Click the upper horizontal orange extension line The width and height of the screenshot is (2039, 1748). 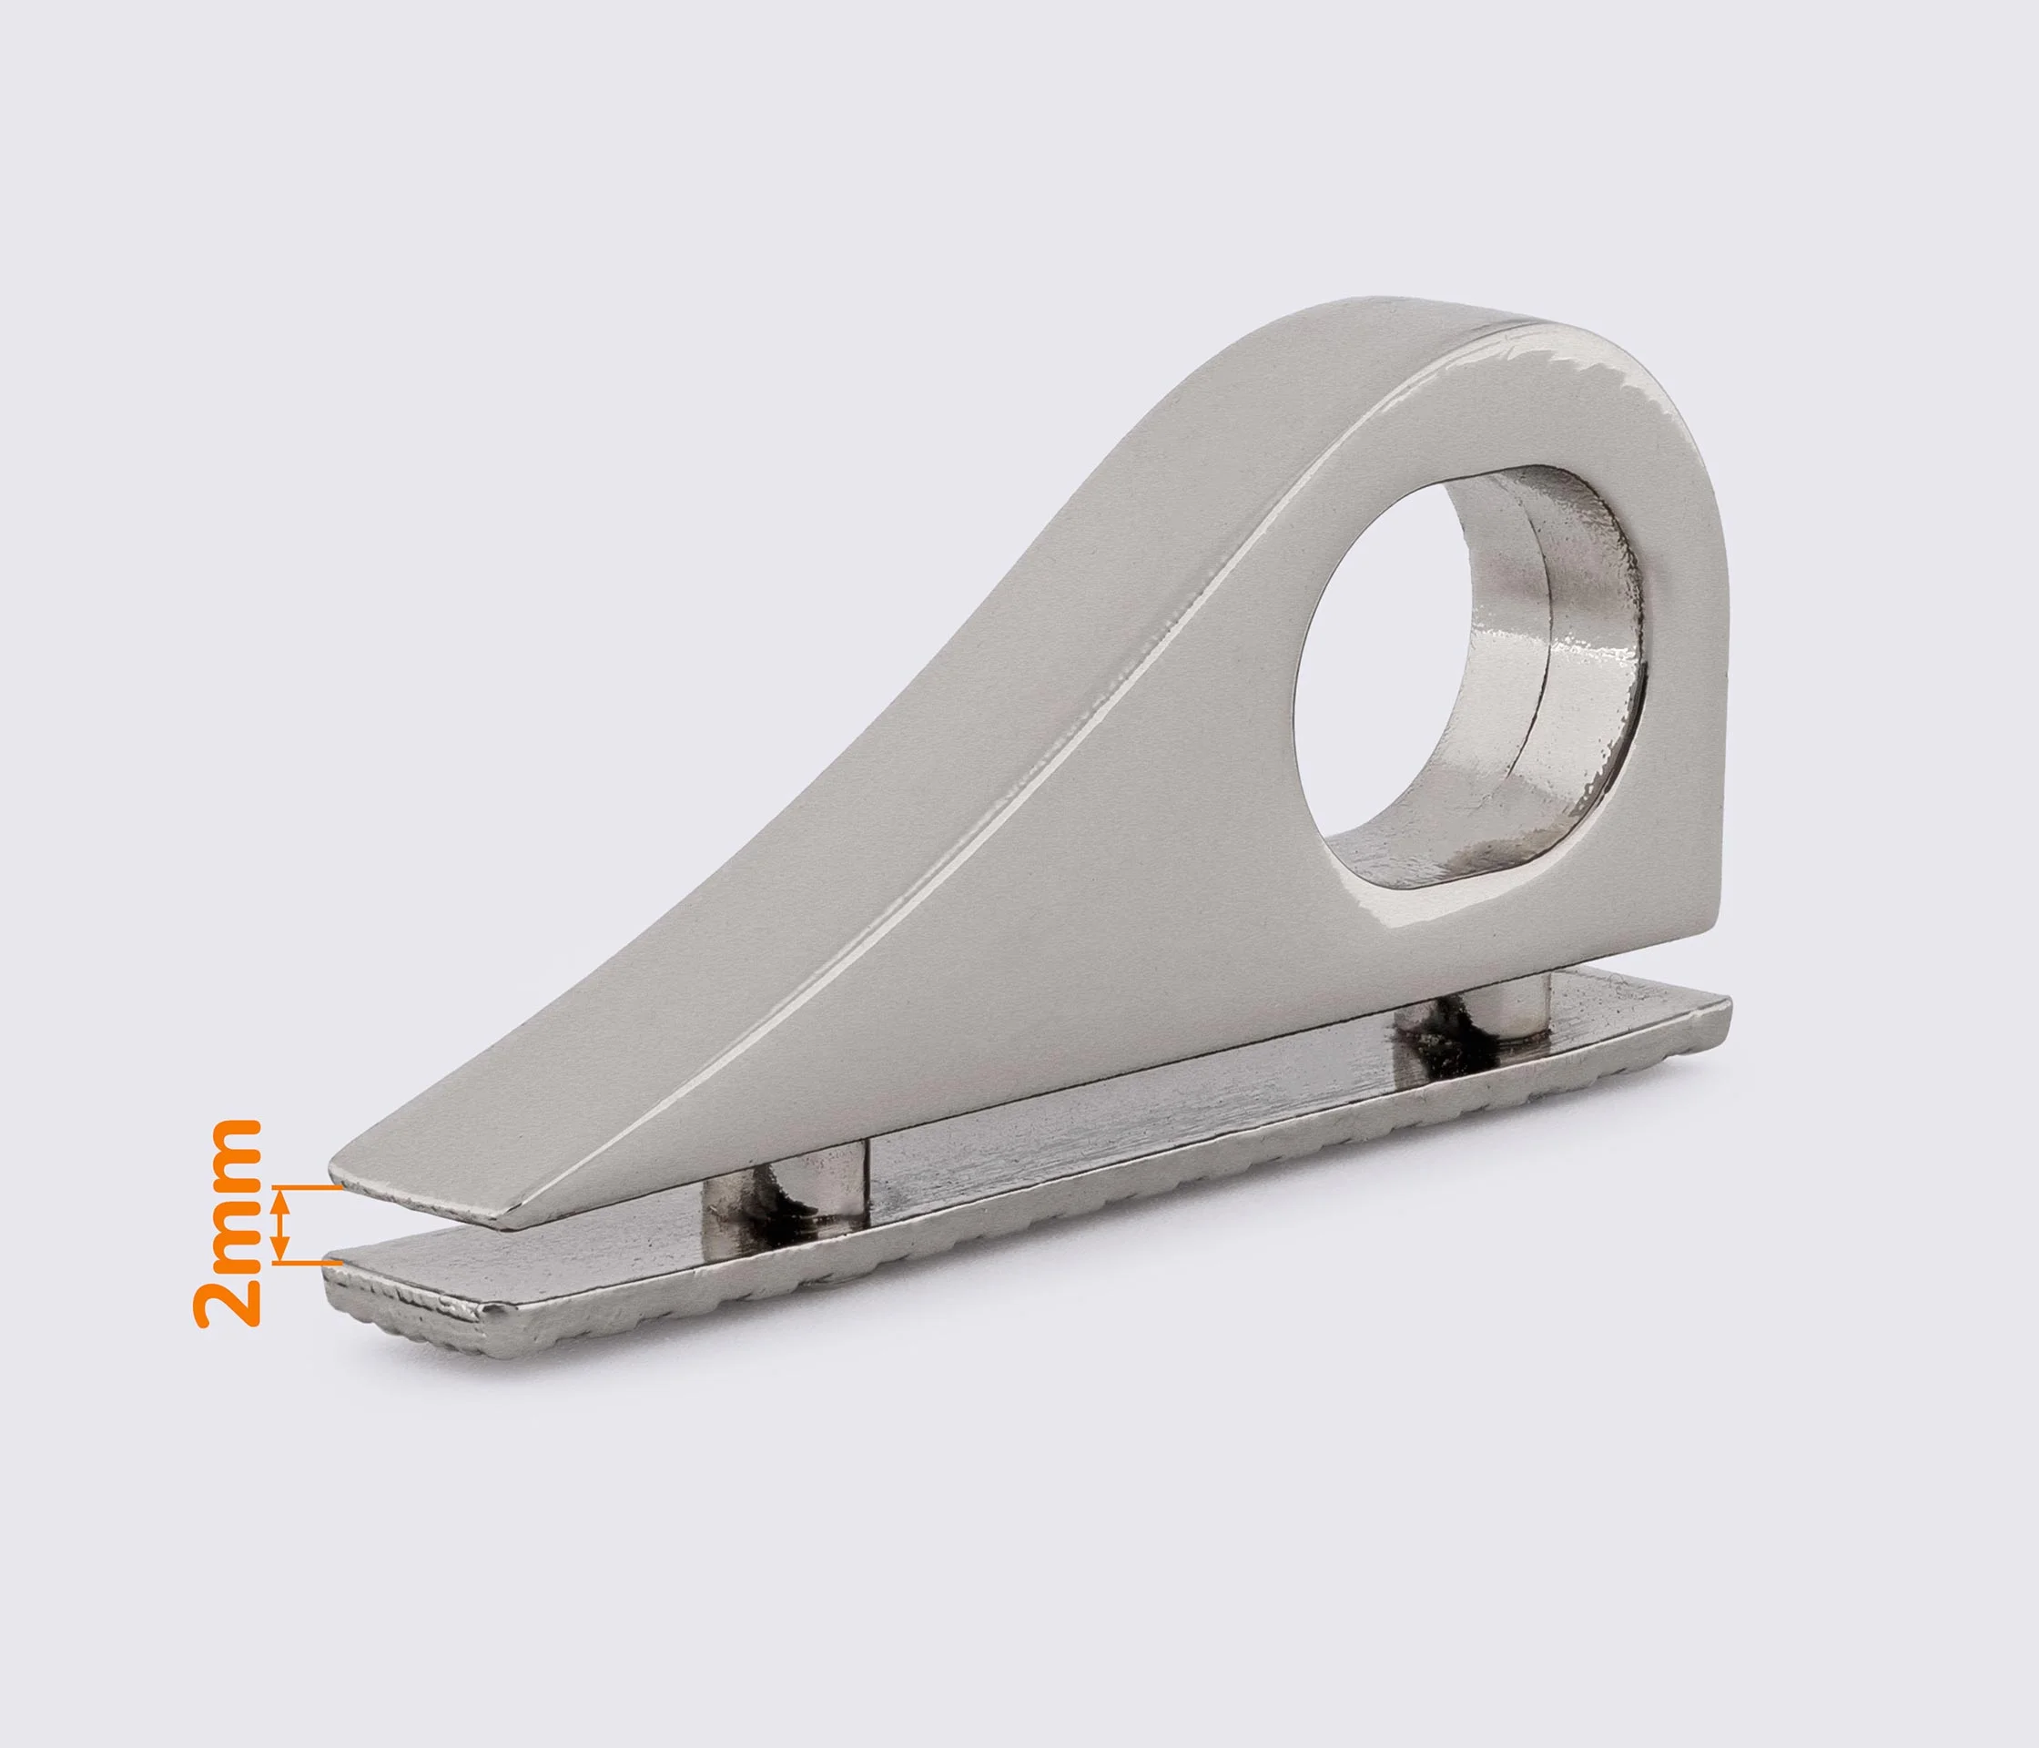point(307,1189)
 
